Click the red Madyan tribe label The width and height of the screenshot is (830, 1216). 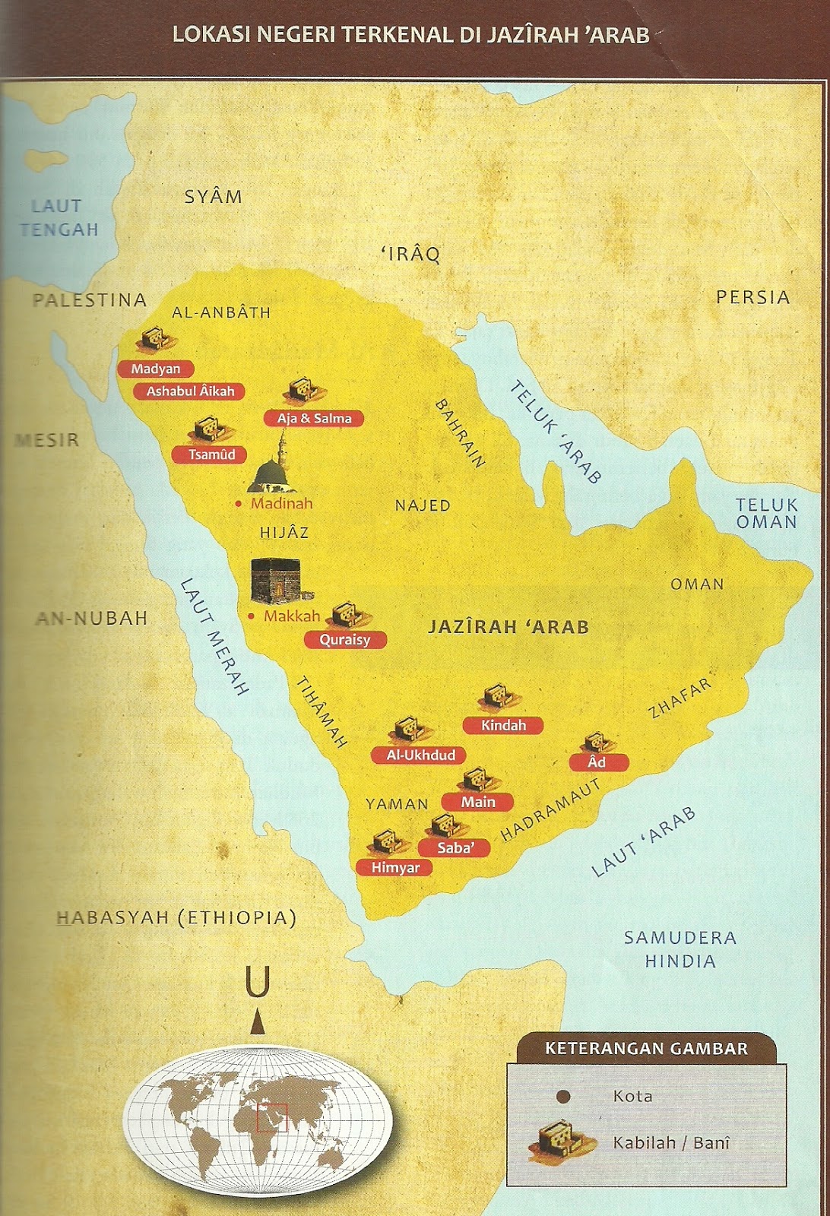(x=156, y=369)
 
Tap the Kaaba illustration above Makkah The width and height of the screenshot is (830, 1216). (x=276, y=581)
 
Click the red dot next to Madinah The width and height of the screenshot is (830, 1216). (x=239, y=504)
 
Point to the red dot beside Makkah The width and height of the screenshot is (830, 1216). (x=252, y=616)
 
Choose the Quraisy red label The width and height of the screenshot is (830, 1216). (x=345, y=640)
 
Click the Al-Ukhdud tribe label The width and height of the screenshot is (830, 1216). (x=420, y=755)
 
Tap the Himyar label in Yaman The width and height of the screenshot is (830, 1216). (x=394, y=868)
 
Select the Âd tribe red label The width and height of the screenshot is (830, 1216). (x=598, y=762)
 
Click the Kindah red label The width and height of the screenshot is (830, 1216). (x=503, y=726)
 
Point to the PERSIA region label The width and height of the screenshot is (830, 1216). (x=752, y=297)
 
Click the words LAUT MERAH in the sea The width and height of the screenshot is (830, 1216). (x=214, y=637)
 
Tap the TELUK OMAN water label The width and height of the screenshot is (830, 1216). (x=766, y=514)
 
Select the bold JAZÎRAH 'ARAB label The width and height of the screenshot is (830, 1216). (x=508, y=627)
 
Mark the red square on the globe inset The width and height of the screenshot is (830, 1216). (x=271, y=1117)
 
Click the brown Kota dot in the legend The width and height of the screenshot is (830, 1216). (x=563, y=1097)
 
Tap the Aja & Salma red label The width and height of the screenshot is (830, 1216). (x=314, y=419)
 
